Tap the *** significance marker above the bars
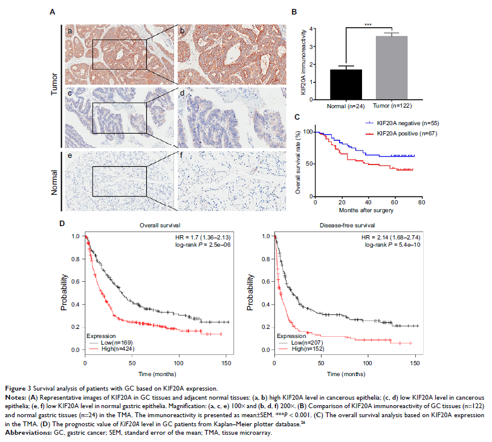pyautogui.click(x=368, y=24)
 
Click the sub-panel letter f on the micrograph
pyautogui.click(x=181, y=156)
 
